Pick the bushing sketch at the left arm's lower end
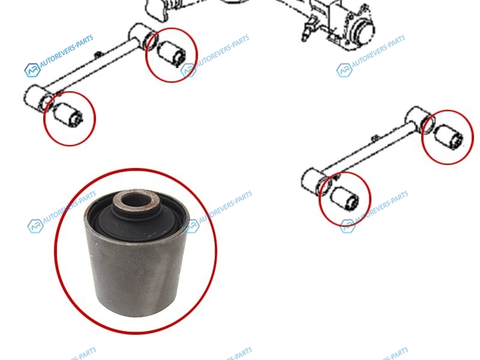tap(68, 115)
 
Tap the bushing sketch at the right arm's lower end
tap(344, 199)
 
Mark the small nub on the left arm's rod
tap(98, 54)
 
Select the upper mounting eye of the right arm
tap(419, 119)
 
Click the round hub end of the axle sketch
tap(363, 31)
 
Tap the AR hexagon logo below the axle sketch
tap(344, 70)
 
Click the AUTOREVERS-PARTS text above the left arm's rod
tap(67, 51)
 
